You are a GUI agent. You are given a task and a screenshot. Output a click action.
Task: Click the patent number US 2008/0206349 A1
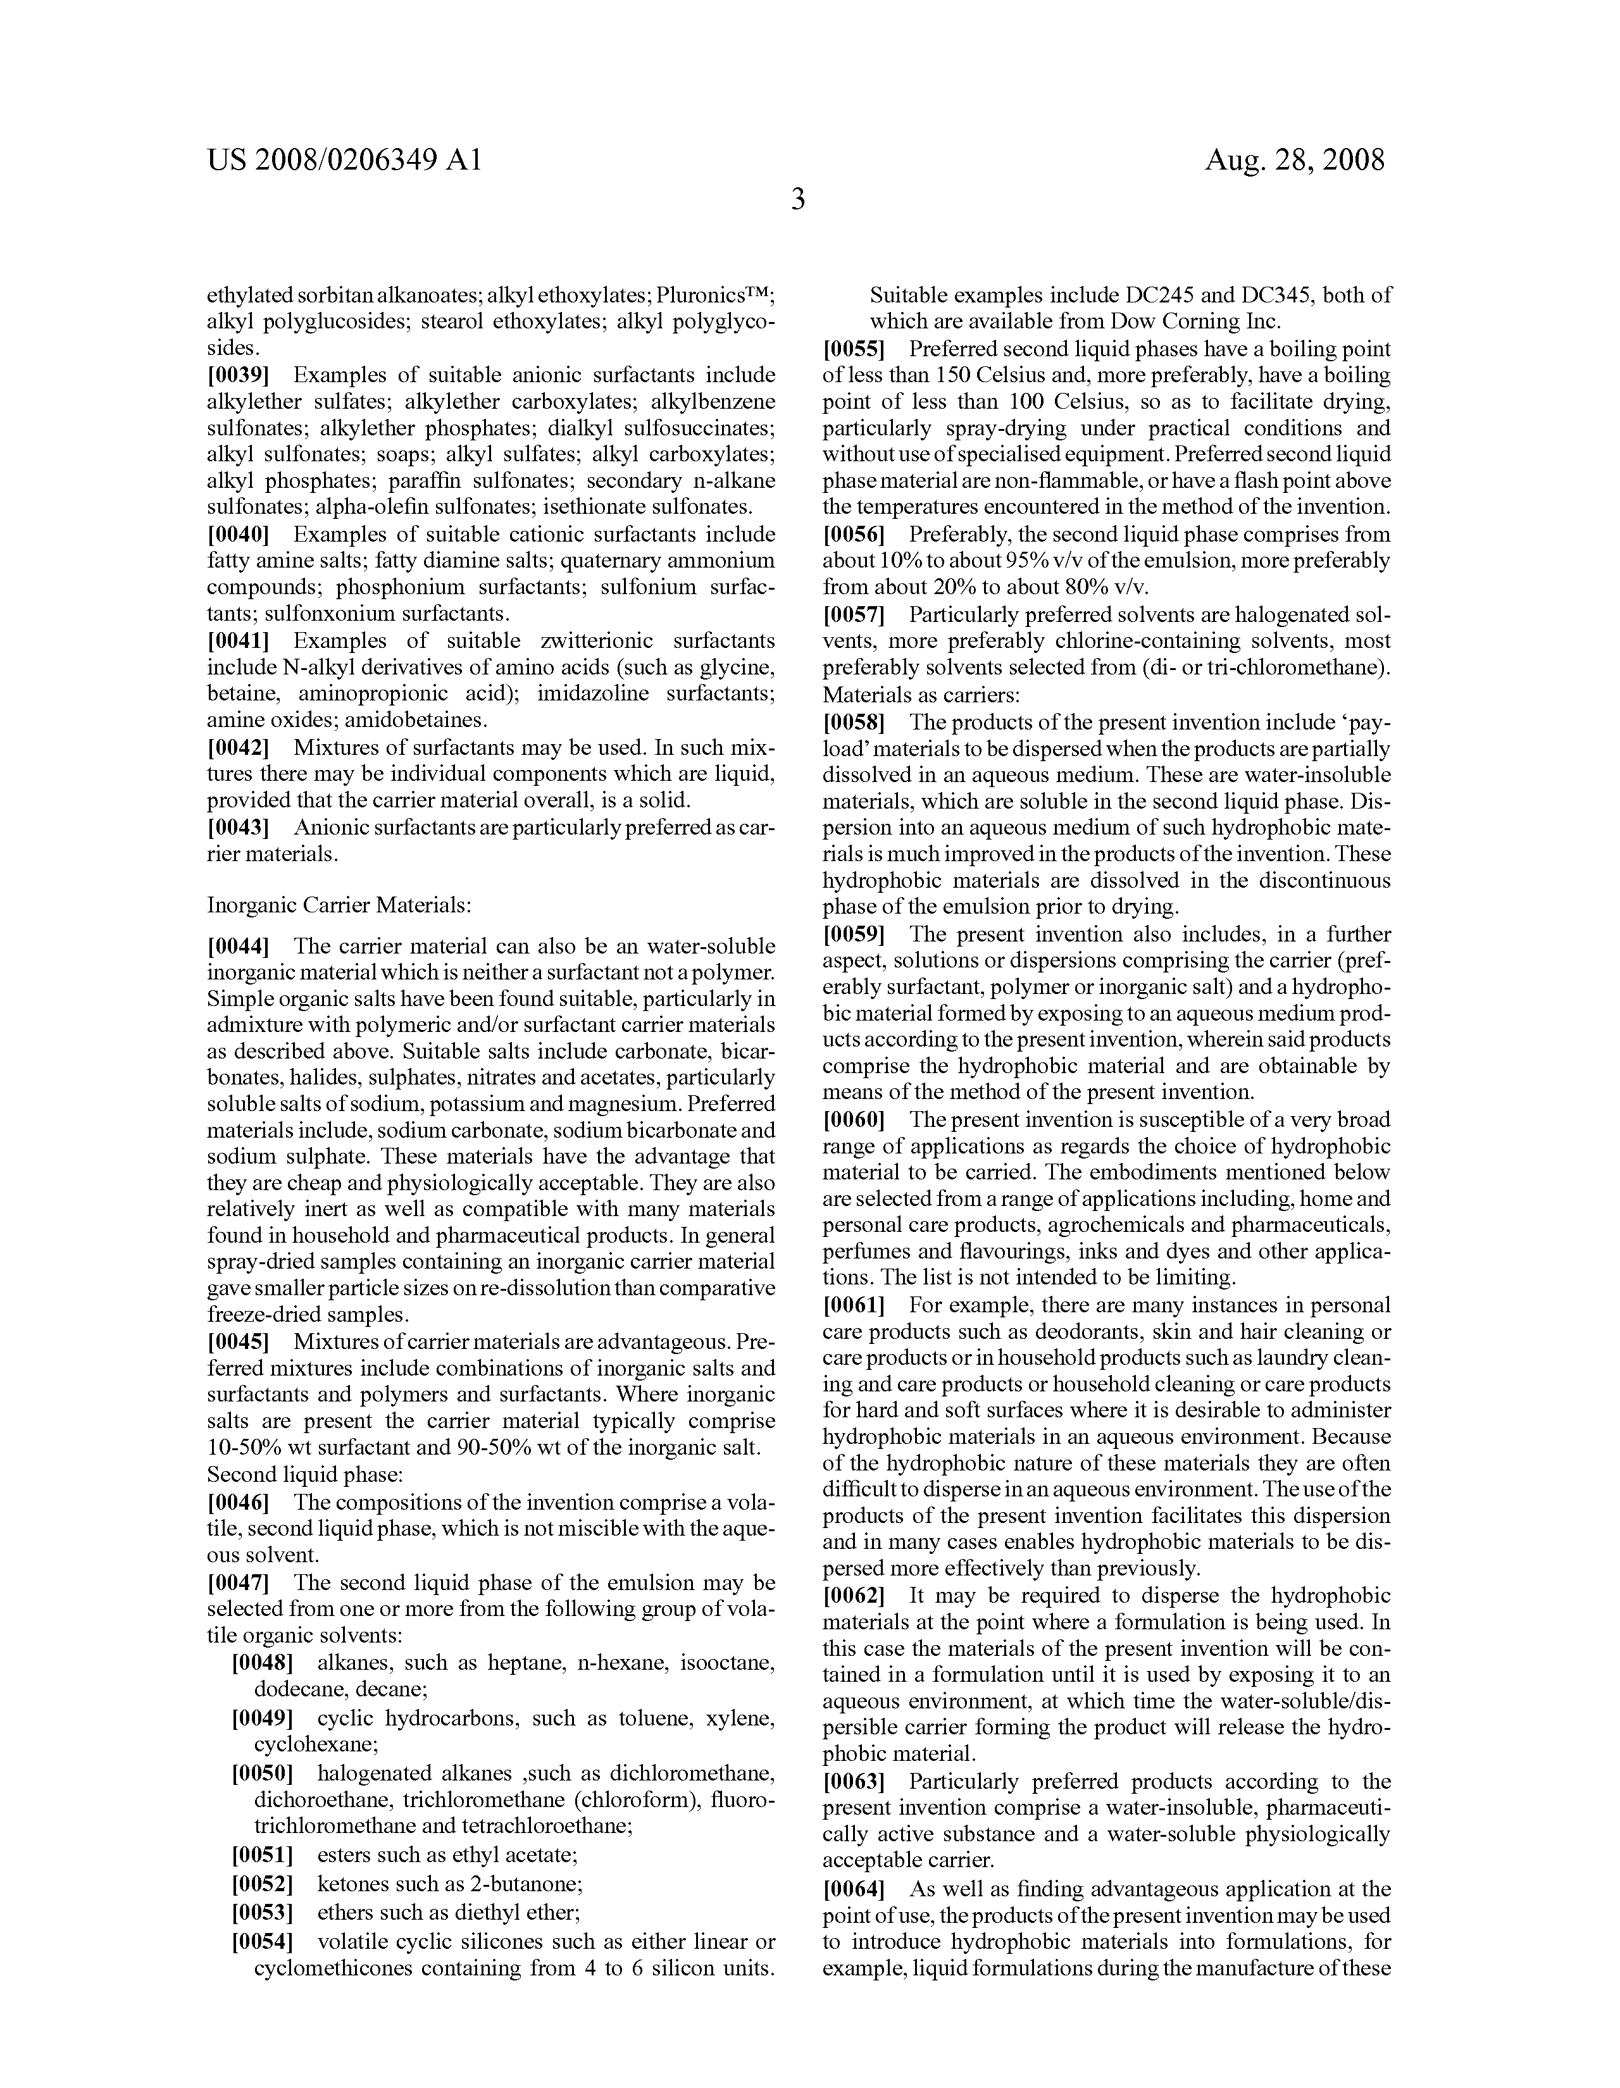[x=344, y=159]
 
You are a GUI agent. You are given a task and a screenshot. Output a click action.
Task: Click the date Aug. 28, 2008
[x=1294, y=159]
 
